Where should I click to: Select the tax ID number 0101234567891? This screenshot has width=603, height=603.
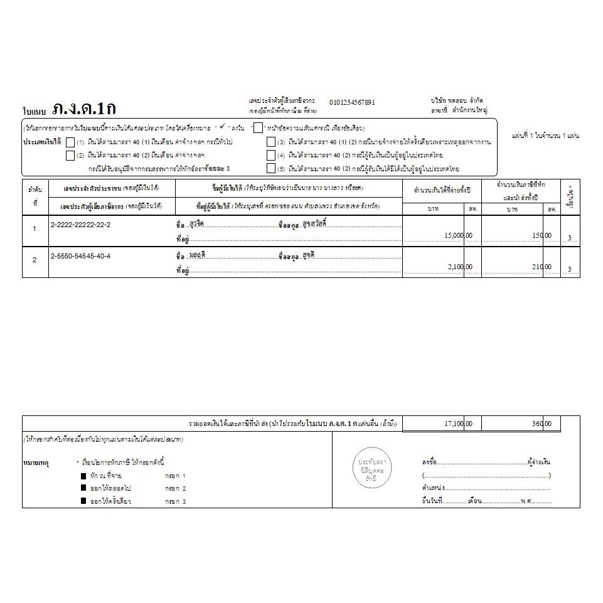(x=352, y=102)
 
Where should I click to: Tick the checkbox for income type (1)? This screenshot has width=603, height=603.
(x=70, y=142)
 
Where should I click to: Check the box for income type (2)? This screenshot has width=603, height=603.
(x=70, y=156)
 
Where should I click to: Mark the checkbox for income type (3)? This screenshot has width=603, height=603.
(x=271, y=142)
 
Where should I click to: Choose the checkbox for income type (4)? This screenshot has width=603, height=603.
(x=271, y=156)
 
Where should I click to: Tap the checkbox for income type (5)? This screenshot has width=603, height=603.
(x=271, y=168)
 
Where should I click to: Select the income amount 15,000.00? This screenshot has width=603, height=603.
(x=457, y=235)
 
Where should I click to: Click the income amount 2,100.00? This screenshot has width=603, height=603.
(x=460, y=267)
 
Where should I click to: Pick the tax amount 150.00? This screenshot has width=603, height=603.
(x=542, y=235)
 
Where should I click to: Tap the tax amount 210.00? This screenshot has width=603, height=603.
(x=542, y=267)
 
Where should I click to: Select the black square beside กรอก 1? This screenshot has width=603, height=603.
(x=83, y=476)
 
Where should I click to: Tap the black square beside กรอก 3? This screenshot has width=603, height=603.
(x=83, y=501)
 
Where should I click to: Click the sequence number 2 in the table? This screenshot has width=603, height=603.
(x=35, y=260)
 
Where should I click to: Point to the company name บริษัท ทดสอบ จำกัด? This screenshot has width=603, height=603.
(x=457, y=100)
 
